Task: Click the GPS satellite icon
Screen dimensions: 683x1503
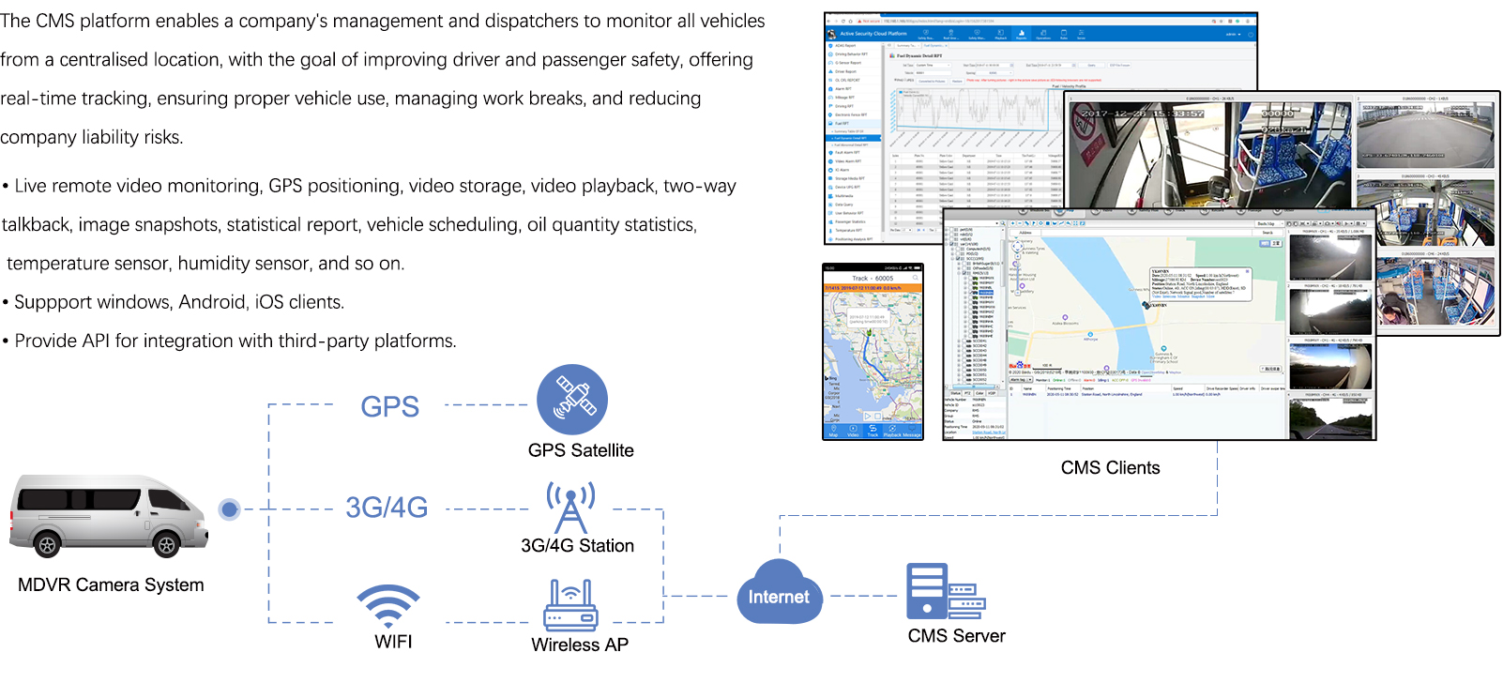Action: [572, 400]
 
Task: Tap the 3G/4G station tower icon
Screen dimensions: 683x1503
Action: [570, 508]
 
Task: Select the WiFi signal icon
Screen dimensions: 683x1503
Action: [388, 605]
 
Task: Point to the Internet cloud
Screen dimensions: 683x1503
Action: [778, 594]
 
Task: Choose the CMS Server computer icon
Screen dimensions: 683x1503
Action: [944, 590]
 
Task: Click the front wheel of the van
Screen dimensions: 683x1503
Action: [167, 544]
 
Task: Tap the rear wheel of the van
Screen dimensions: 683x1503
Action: [46, 544]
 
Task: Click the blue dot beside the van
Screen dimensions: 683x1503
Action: [229, 509]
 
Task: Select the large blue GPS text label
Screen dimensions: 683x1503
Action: [389, 407]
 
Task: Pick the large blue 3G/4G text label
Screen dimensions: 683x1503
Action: [387, 508]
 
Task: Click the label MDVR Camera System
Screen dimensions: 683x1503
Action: [111, 585]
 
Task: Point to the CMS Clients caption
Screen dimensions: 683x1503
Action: [1110, 468]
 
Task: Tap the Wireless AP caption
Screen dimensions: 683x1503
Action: [580, 645]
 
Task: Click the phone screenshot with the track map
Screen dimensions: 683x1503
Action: [873, 352]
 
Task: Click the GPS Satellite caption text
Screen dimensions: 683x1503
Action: [581, 451]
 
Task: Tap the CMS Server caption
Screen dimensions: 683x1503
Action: [956, 636]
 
